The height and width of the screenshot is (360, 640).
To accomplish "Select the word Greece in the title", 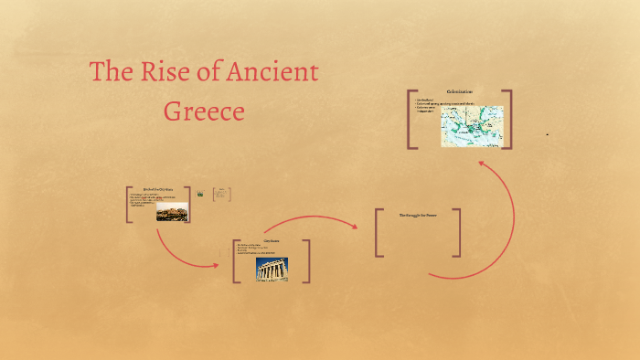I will tap(204, 111).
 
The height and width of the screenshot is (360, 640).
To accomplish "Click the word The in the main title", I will tap(111, 73).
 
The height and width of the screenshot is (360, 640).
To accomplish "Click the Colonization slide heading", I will tap(459, 93).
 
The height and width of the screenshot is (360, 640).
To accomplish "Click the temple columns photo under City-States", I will tap(271, 268).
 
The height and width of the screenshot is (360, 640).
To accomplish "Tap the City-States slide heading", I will tap(271, 241).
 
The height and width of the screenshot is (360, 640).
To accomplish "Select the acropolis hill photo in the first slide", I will tap(172, 212).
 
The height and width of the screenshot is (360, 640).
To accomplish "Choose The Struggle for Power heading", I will tap(418, 216).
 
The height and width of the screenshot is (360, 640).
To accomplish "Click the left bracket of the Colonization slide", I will tap(412, 119).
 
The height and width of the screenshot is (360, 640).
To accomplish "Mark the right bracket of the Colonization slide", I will tap(507, 119).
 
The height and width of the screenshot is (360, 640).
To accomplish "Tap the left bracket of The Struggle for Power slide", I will tap(379, 233).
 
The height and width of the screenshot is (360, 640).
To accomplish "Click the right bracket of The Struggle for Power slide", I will tap(457, 233).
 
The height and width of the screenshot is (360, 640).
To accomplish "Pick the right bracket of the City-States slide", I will tap(306, 260).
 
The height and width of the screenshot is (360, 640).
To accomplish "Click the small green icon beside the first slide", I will tap(200, 194).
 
